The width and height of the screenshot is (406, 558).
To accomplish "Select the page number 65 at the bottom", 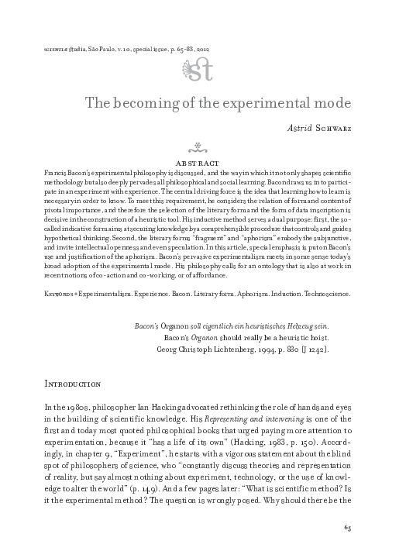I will click(347, 530).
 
